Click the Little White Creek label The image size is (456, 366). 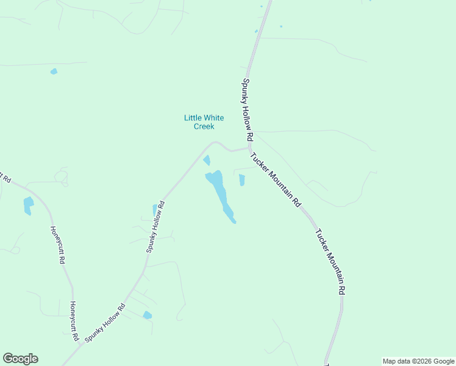click(204, 122)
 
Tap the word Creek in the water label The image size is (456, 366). click(204, 126)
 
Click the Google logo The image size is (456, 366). click(20, 359)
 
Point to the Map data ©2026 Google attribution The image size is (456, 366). click(419, 361)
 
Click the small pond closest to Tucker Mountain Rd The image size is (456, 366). click(242, 180)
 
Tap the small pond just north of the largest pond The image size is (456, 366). click(207, 160)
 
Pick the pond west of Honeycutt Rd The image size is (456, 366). click(27, 206)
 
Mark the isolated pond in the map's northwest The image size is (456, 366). click(54, 71)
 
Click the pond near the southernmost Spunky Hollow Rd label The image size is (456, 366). click(147, 315)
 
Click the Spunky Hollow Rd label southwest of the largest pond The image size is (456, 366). click(155, 226)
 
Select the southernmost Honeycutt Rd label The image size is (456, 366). click(74, 320)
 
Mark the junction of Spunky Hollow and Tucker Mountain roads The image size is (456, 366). click(250, 148)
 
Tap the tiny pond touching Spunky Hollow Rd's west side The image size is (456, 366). click(155, 210)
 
